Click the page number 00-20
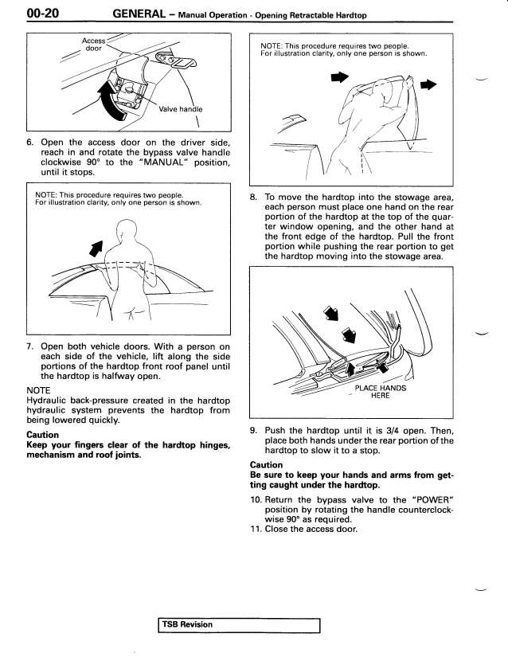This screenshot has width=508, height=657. (x=22, y=13)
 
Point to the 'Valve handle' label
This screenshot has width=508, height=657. (x=181, y=109)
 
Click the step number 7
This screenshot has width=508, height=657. (x=30, y=346)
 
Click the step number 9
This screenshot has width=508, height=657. (x=253, y=431)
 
